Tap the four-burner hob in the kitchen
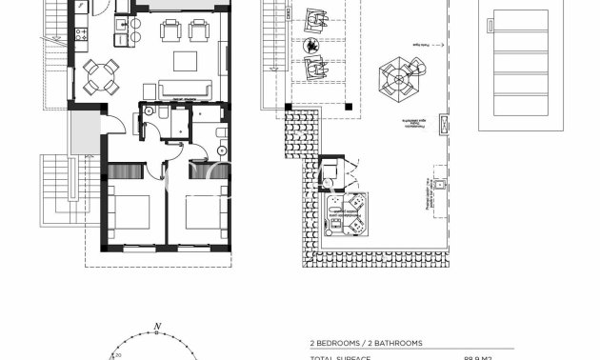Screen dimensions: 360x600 82,36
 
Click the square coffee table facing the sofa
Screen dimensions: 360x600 186,62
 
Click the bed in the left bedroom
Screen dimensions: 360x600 128,212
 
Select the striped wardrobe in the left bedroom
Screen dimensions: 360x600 125,170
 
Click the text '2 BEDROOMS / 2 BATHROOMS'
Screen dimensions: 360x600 366,343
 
